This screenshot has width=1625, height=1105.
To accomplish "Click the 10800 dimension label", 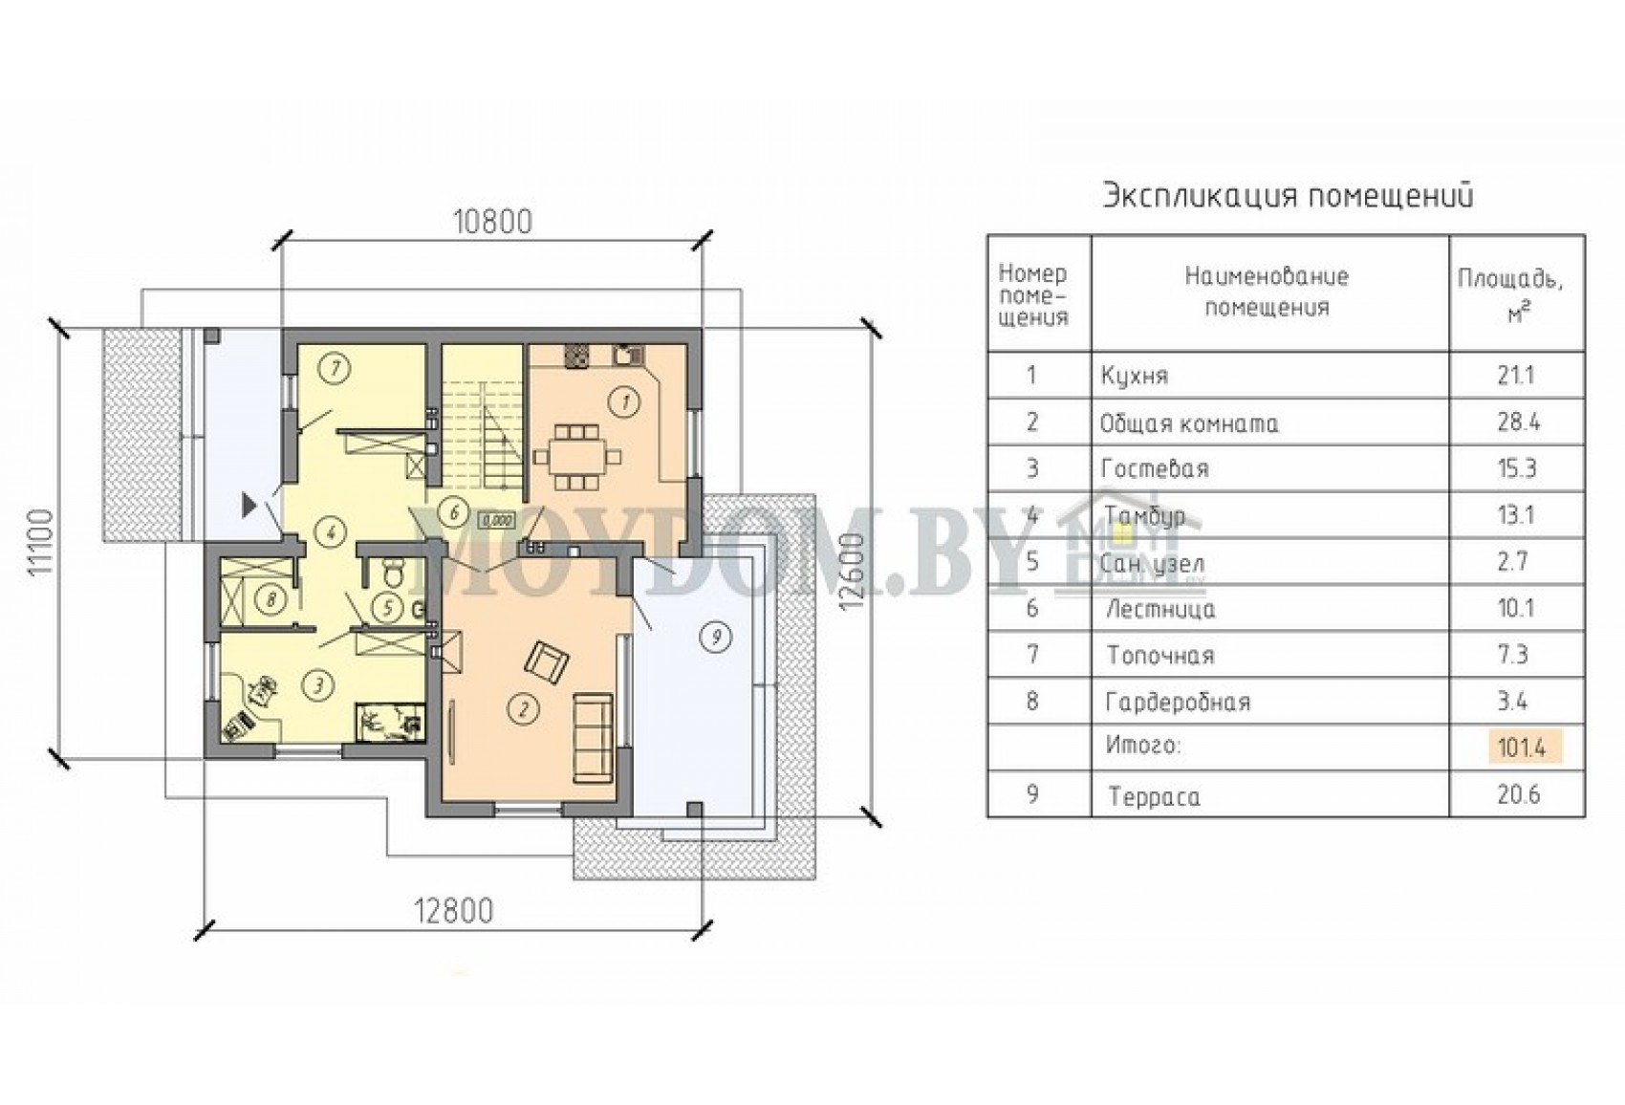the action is click(x=492, y=222).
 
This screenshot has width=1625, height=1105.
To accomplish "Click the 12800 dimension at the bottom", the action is click(x=453, y=911).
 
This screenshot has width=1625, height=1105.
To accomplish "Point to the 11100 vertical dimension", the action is click(x=44, y=542).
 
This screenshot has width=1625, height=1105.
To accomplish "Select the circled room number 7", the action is click(x=336, y=369).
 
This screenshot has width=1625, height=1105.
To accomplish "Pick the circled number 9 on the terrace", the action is click(x=716, y=637).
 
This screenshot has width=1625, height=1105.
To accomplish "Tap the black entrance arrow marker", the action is click(x=249, y=505).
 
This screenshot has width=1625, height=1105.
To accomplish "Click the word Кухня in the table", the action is click(x=1135, y=376).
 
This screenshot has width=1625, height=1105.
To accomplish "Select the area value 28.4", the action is click(x=1517, y=422).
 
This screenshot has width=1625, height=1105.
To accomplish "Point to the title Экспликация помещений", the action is click(x=1289, y=197).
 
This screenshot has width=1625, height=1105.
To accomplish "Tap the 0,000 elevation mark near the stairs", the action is click(x=497, y=519).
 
